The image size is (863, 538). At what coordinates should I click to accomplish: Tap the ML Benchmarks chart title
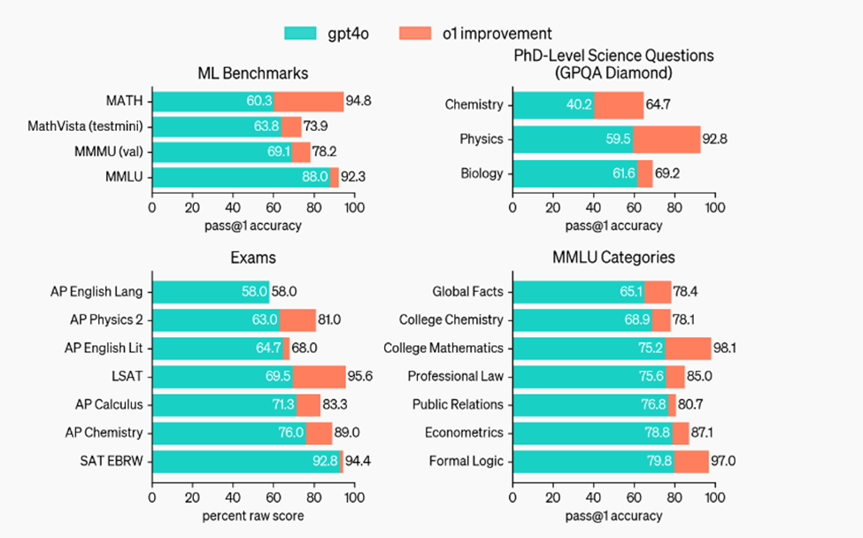pos(252,73)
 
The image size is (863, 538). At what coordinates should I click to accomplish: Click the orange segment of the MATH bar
pos(309,101)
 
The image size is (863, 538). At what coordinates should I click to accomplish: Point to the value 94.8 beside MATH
pos(358,101)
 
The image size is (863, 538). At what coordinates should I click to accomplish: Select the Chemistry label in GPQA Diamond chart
pos(474,105)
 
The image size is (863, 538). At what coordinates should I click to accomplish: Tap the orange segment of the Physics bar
pos(667,139)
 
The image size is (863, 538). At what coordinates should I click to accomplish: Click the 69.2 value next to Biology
pos(668,173)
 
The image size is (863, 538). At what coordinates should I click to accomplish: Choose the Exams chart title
pos(252,257)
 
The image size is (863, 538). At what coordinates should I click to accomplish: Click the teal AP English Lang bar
pos(210,291)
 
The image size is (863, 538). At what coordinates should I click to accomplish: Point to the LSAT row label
pos(127,376)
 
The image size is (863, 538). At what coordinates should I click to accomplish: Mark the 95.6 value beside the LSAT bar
pos(360,376)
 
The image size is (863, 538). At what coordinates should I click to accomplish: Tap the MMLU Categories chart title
pos(613,257)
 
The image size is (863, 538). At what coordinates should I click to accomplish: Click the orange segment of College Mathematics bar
pos(688,348)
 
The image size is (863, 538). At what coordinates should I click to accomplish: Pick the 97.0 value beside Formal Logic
pos(725,461)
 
